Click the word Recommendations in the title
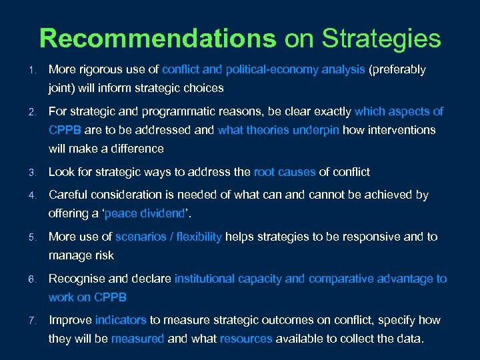[x=158, y=38]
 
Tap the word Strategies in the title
[x=381, y=38]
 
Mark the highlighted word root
[x=265, y=172]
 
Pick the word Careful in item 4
[x=67, y=195]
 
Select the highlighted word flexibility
[x=197, y=237]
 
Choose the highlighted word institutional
[x=206, y=279]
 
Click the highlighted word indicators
[x=121, y=320]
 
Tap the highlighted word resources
[x=246, y=339]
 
